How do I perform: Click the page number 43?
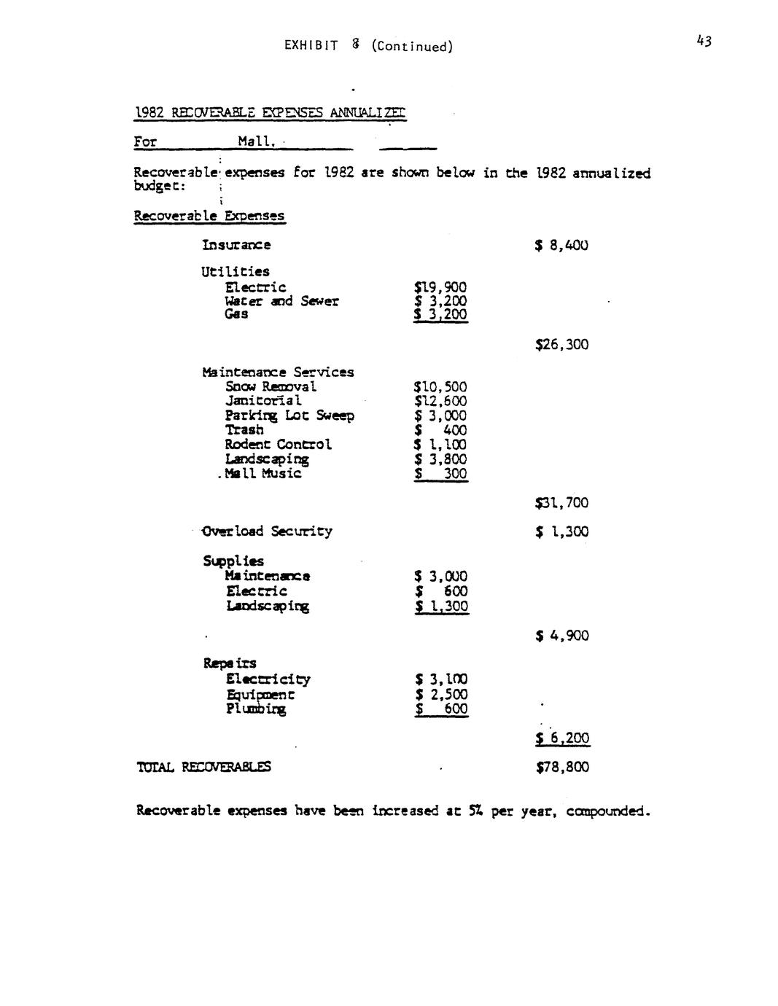pyautogui.click(x=703, y=41)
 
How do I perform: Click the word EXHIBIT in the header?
pyautogui.click(x=311, y=46)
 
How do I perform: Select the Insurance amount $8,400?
pyautogui.click(x=561, y=246)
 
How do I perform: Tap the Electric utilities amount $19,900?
pyautogui.click(x=440, y=287)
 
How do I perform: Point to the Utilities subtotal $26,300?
pyautogui.click(x=561, y=344)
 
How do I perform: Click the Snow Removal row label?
pyautogui.click(x=271, y=386)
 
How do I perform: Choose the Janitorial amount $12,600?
pyautogui.click(x=440, y=401)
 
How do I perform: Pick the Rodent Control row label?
pyautogui.click(x=278, y=445)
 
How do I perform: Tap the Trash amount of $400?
pyautogui.click(x=440, y=430)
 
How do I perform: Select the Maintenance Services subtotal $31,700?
pyautogui.click(x=561, y=503)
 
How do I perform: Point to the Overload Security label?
pyautogui.click(x=268, y=531)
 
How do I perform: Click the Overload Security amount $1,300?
pyautogui.click(x=561, y=532)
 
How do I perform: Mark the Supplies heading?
pyautogui.click(x=233, y=561)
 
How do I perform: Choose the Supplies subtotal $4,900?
pyautogui.click(x=561, y=636)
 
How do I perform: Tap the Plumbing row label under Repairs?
pyautogui.click(x=256, y=709)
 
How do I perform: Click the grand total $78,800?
pyautogui.click(x=562, y=767)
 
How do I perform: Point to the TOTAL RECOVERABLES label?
pyautogui.click(x=203, y=767)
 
